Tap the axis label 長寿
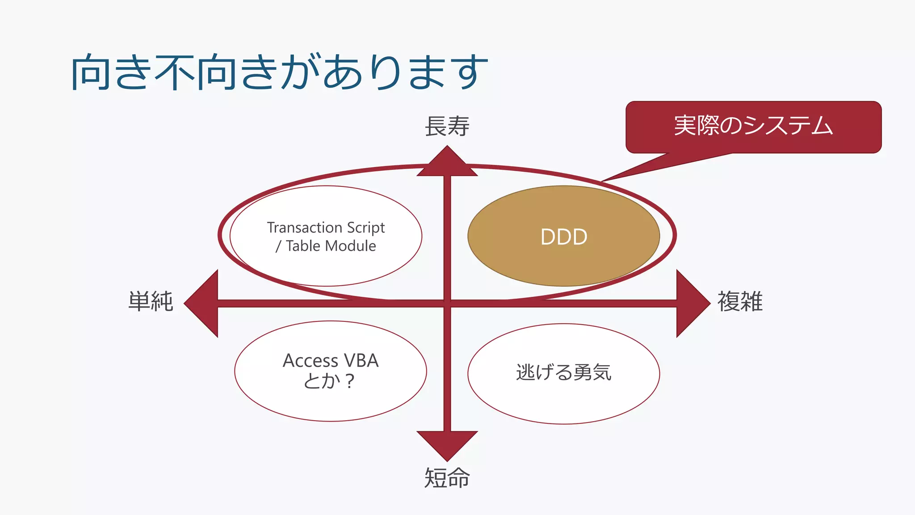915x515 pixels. (447, 127)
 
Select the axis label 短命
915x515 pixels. (447, 478)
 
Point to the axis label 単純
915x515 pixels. (151, 301)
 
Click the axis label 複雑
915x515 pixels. (740, 301)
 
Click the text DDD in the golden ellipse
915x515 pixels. (564, 237)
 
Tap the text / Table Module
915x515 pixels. (326, 246)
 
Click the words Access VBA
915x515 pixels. (331, 361)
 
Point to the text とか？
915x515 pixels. (329, 381)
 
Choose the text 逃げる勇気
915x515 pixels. (564, 372)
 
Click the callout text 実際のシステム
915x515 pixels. (753, 126)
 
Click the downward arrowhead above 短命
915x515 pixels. (447, 445)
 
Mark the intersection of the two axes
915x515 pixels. (447, 304)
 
